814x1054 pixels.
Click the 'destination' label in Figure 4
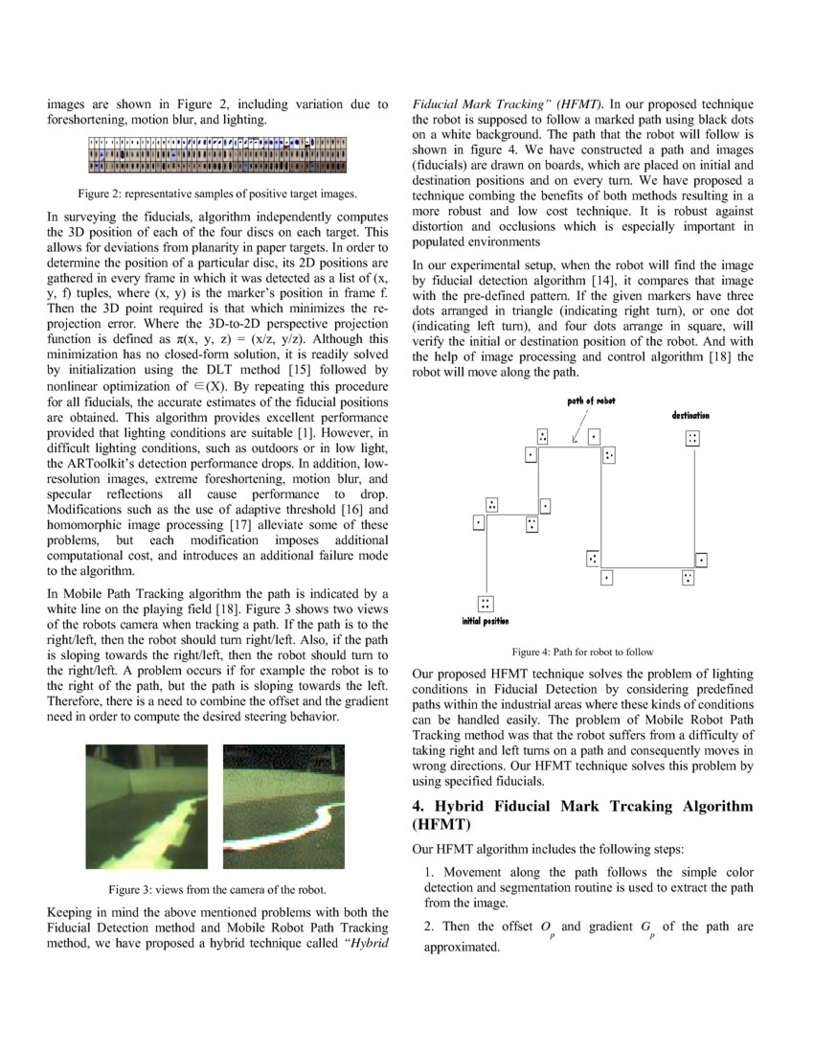click(690, 415)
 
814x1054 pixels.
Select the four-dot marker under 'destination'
click(692, 438)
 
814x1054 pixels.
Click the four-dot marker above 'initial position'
click(486, 603)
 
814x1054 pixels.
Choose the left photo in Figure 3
click(147, 805)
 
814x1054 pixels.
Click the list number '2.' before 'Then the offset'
click(430, 926)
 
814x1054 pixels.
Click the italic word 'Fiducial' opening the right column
click(438, 103)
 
